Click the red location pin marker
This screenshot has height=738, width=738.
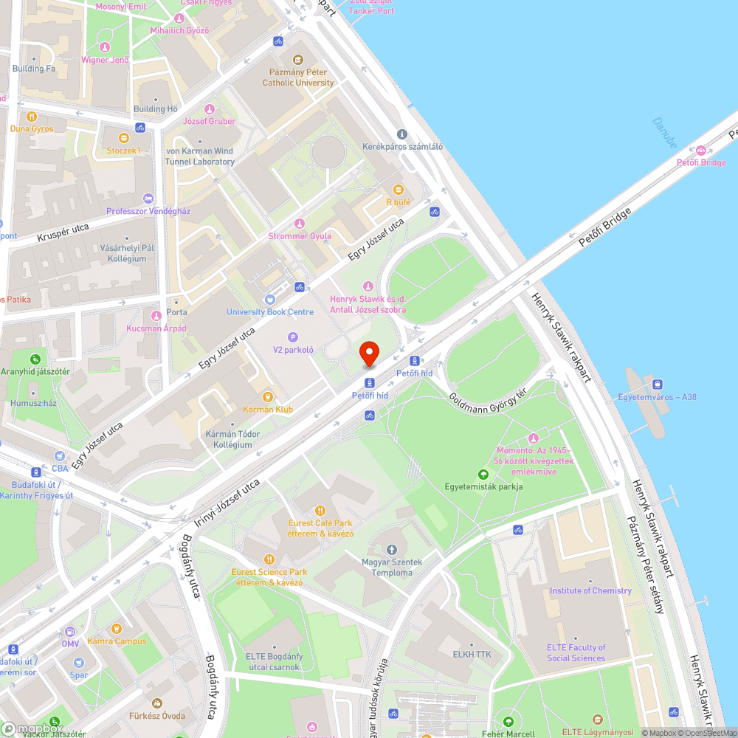(368, 354)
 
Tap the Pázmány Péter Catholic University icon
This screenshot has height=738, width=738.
(298, 60)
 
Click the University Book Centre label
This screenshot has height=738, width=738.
(270, 312)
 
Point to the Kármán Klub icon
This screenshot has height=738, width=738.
(269, 396)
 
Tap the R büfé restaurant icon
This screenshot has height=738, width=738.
(399, 189)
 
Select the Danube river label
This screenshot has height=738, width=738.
(664, 133)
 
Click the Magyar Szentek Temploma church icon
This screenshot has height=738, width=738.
(392, 550)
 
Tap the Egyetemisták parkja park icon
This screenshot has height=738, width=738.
(483, 474)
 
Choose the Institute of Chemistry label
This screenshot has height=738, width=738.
(590, 590)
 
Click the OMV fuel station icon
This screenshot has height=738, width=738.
(70, 632)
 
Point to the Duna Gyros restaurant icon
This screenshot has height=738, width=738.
(32, 116)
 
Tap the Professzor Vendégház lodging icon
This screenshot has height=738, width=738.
(148, 199)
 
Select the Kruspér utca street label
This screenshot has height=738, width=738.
(63, 233)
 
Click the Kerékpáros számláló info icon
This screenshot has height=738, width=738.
(402, 134)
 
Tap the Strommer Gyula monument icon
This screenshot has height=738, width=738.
(300, 224)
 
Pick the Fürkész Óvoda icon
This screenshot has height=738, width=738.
(156, 703)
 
